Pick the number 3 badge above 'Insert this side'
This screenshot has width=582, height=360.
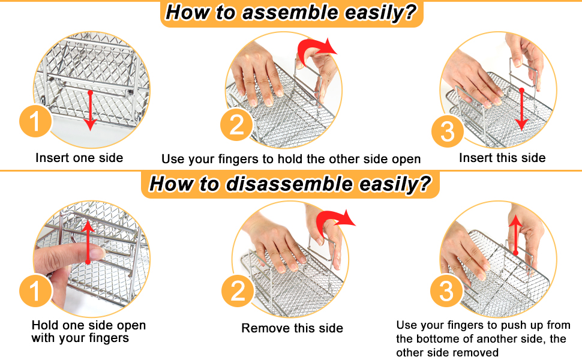click(448, 130)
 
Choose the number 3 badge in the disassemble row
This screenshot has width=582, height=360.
click(447, 292)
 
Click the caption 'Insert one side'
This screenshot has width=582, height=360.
click(79, 158)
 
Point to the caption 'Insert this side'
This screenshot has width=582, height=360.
click(502, 158)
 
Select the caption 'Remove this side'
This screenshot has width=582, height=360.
click(292, 328)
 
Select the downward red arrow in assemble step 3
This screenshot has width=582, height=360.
click(522, 109)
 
